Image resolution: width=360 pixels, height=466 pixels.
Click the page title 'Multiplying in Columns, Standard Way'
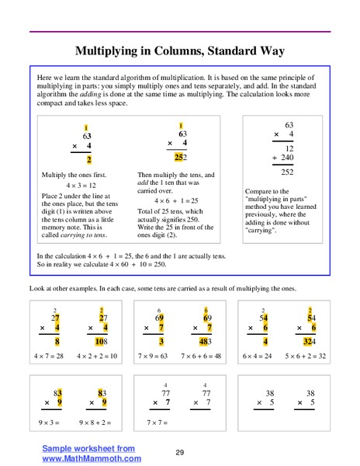179,51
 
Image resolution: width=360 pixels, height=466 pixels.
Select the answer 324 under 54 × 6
309,339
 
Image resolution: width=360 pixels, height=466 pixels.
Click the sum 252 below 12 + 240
286,172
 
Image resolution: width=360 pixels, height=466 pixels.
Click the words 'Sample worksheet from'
88,448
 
